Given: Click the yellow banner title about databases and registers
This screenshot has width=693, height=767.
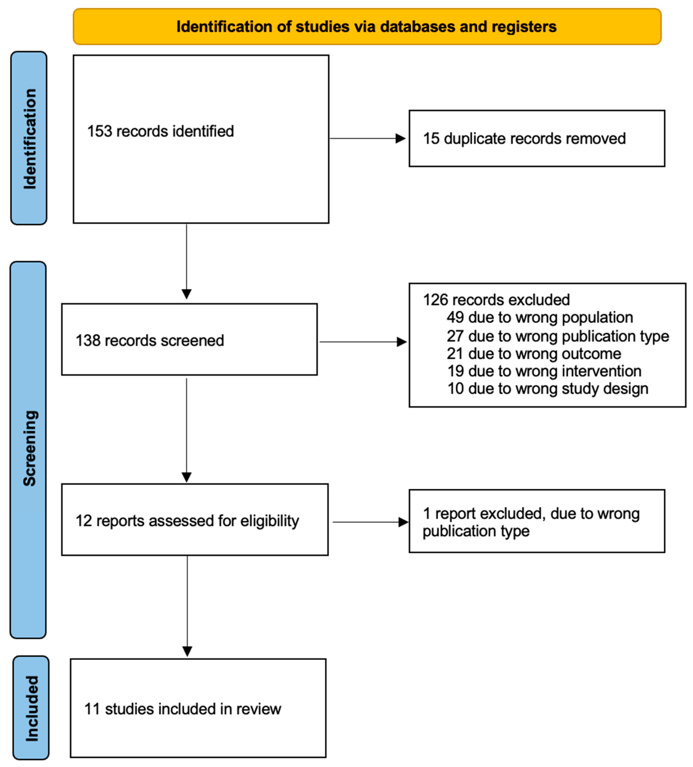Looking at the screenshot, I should click(x=366, y=27).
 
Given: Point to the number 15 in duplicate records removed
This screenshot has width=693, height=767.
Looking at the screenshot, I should click(x=431, y=138).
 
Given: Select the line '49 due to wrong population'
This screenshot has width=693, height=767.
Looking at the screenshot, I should click(x=539, y=317).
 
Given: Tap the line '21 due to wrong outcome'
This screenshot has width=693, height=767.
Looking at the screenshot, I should click(x=534, y=353).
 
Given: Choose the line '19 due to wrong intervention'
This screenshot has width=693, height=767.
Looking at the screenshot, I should click(x=544, y=371).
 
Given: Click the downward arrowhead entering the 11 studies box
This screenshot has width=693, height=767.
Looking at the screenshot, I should click(x=187, y=651).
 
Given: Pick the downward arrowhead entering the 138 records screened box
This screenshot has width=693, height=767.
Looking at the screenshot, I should click(x=186, y=294).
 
